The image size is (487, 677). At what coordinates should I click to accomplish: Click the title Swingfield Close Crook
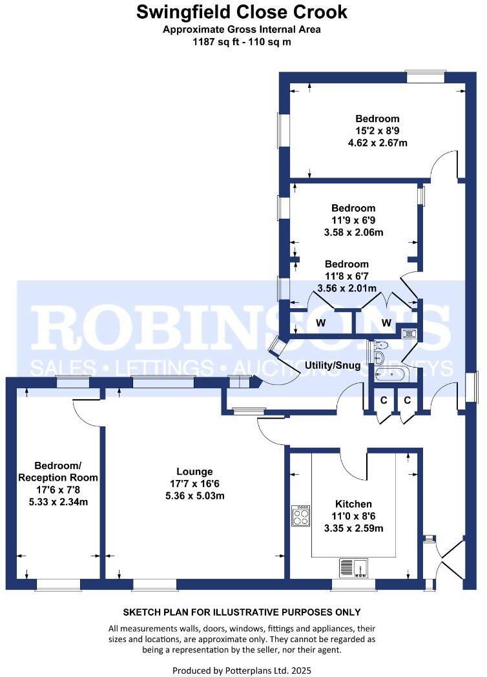[x=242, y=12]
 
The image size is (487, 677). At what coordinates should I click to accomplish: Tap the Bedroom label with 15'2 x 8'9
[x=377, y=119]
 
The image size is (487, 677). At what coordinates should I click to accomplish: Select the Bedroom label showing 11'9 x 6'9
[x=353, y=209]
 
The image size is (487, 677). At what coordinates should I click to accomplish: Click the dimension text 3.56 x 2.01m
[x=346, y=288]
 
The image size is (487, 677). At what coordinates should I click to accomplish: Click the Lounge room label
[x=194, y=472]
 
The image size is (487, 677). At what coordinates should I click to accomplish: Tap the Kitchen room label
[x=353, y=504]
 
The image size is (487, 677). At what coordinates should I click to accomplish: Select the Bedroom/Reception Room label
[x=57, y=472]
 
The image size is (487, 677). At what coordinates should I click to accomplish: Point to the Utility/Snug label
[x=333, y=366]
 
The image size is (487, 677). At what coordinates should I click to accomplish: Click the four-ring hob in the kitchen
[x=301, y=516]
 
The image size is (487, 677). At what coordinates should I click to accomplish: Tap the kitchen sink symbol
[x=353, y=568]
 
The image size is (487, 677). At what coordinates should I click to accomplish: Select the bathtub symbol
[x=382, y=374]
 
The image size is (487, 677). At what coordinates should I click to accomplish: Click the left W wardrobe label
[x=320, y=322]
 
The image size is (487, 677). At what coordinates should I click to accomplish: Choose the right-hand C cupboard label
[x=407, y=401]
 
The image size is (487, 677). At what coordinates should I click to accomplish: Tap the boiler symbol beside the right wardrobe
[x=408, y=333]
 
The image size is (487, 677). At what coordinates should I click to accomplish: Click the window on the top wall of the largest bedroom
[x=425, y=77]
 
